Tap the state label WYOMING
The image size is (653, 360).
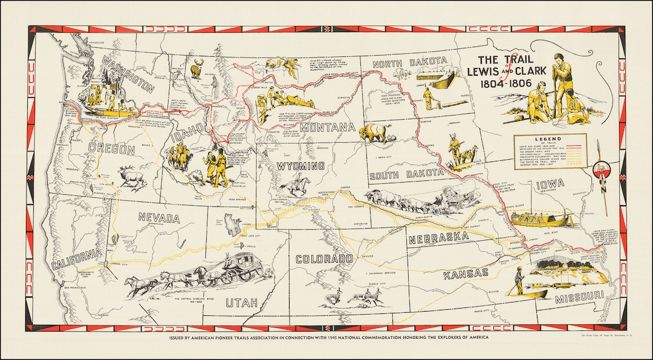301,166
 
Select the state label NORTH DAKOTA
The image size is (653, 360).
409,64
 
